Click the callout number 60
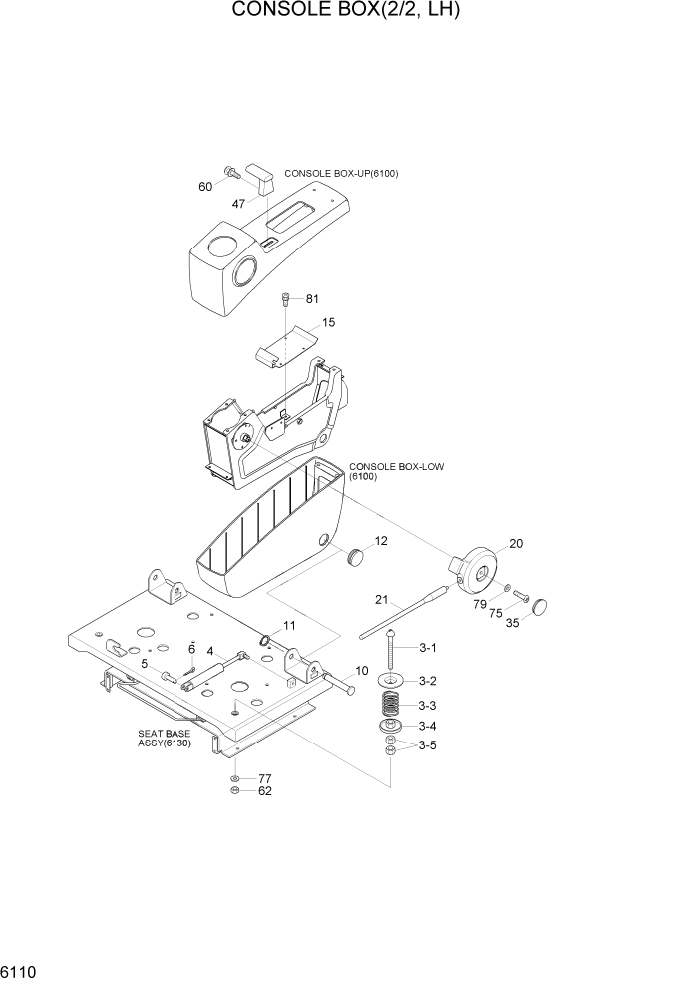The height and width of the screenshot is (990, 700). tap(205, 187)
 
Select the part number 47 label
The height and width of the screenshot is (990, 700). tap(238, 204)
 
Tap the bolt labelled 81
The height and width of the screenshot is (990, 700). tap(287, 297)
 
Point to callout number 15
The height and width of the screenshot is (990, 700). tap(328, 322)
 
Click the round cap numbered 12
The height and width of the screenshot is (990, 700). tap(354, 556)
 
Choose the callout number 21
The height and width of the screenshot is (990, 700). tap(381, 599)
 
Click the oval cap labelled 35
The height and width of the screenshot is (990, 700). tap(541, 605)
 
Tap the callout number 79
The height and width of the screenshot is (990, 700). tap(480, 604)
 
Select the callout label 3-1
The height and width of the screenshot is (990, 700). tap(427, 648)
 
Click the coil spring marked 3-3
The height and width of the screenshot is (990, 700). tap(391, 704)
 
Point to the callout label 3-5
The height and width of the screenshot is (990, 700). tap(427, 744)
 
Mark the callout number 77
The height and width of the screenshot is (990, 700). tap(264, 778)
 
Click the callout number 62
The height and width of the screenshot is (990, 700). tap(264, 791)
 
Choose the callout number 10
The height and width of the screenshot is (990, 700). tap(362, 670)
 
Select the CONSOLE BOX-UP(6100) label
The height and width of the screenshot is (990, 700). tap(341, 174)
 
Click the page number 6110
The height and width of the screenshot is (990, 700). tap(19, 971)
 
